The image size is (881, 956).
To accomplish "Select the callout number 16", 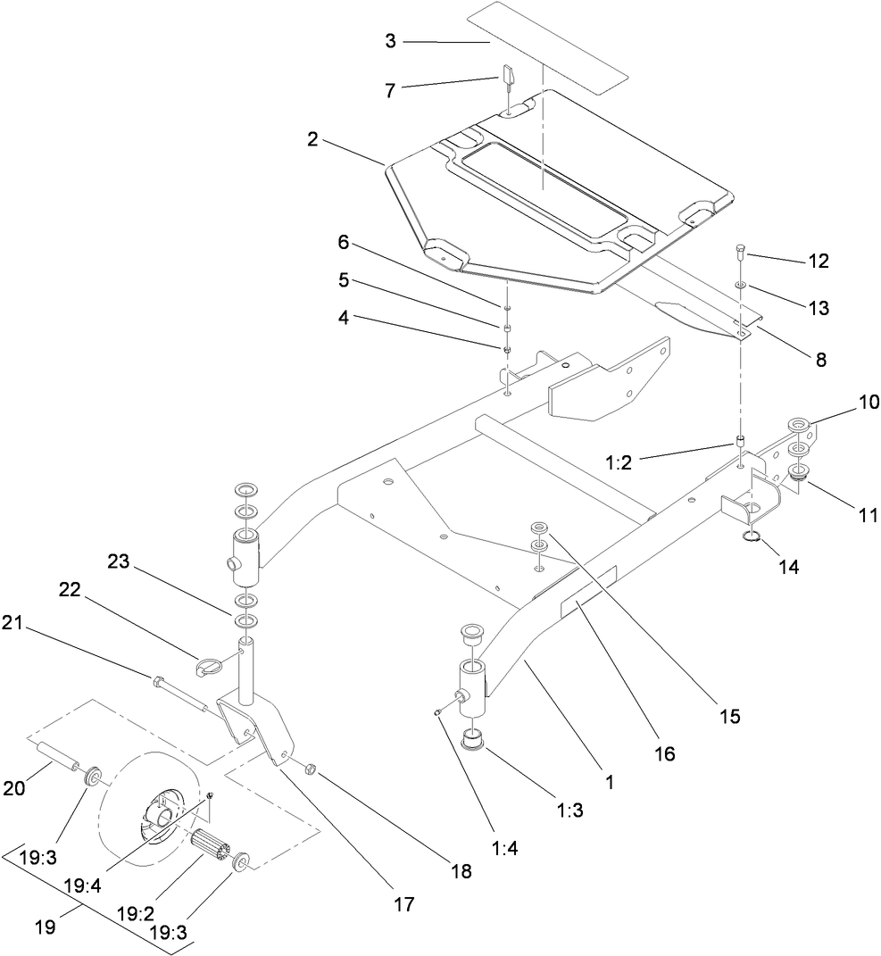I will (x=663, y=754).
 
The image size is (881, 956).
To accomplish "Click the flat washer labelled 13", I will (x=741, y=286).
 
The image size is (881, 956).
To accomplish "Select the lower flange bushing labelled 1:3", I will (x=473, y=741).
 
